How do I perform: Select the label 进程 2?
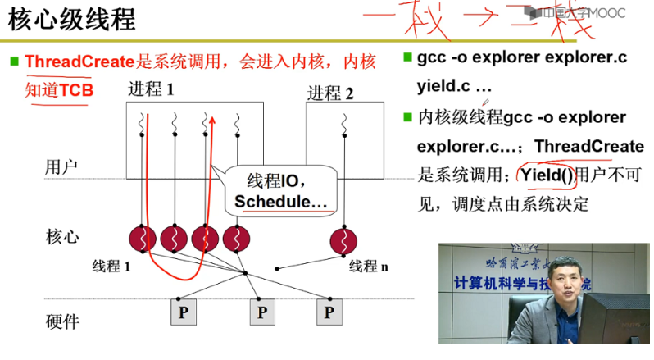[330, 93]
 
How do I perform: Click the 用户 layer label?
[61, 167]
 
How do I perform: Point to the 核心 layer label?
[62, 237]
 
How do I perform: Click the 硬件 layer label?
[62, 321]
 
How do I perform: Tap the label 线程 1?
[111, 267]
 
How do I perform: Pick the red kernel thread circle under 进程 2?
[343, 239]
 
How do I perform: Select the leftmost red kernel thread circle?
[143, 239]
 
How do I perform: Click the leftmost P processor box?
[184, 312]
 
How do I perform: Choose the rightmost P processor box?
[329, 312]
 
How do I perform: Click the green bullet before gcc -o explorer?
[407, 58]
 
